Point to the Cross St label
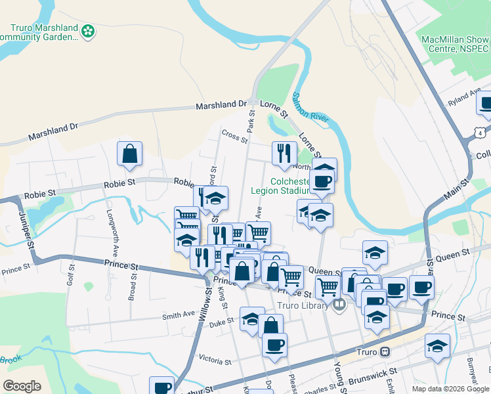(234, 136)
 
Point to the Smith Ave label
(179, 315)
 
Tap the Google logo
(22, 385)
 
